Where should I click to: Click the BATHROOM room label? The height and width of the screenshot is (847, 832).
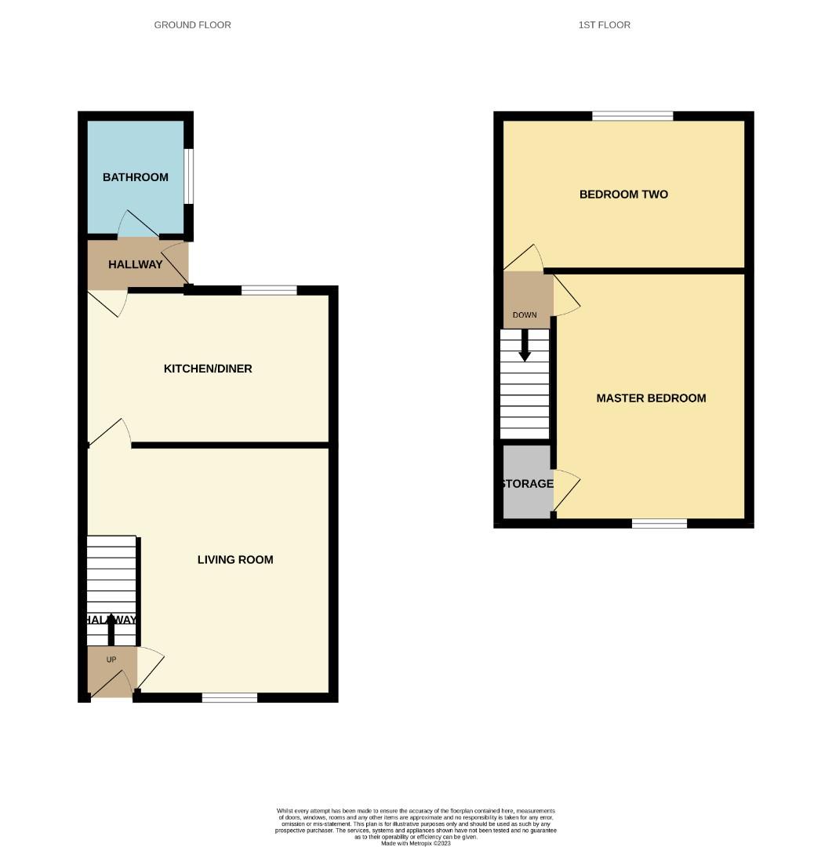pos(136,177)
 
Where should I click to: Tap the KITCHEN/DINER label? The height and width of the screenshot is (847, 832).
pos(208,369)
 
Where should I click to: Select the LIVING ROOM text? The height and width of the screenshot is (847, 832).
pos(235,560)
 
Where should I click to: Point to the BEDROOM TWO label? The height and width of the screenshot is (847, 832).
pos(623,194)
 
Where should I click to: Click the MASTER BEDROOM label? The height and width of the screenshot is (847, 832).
pos(651,398)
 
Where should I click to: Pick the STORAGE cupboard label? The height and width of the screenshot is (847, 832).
pos(528,484)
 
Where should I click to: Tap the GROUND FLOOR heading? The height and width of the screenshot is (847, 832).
pos(192,25)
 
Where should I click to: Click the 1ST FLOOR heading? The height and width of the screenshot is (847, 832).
pos(604,25)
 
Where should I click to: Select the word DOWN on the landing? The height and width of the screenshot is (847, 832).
pos(525,315)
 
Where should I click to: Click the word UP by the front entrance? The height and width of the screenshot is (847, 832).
pos(111,660)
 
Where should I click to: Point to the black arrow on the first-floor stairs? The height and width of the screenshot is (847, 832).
pos(525,346)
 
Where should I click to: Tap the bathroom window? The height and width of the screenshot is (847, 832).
pos(189,176)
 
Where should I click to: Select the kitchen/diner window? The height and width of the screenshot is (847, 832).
pos(269,290)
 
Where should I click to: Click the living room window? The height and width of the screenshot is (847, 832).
pos(230,697)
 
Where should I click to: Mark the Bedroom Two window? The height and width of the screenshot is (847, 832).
pos(633,116)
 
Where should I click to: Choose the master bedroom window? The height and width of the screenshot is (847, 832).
pos(659,523)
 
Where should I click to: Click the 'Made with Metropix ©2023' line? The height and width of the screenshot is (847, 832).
pos(416,843)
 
